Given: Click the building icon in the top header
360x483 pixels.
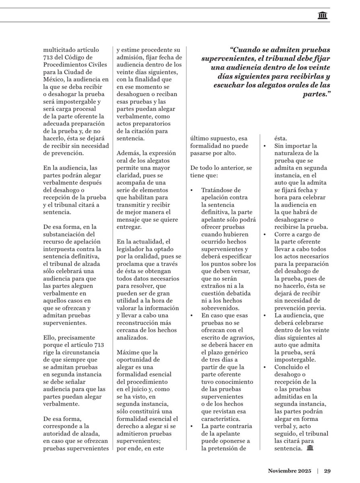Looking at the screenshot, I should [322, 16].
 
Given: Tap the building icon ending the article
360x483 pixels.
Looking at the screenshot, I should [310, 449].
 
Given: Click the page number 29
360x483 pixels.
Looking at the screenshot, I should [327, 471].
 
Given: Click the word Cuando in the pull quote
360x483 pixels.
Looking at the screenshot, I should [249, 50].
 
